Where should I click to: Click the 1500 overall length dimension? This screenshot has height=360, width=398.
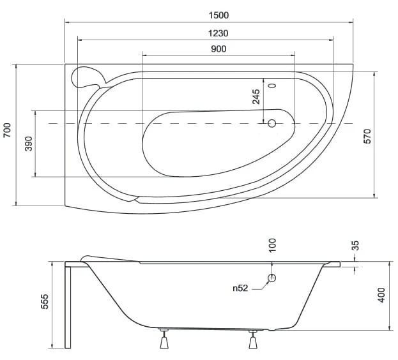click(x=218, y=15)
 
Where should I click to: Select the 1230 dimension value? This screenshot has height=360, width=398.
click(x=218, y=33)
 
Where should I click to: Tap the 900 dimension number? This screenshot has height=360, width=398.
click(x=218, y=49)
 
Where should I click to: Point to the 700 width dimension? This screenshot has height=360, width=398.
click(x=7, y=130)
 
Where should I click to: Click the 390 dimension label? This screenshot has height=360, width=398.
click(x=29, y=144)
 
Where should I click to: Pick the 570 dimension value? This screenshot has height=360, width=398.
click(x=367, y=137)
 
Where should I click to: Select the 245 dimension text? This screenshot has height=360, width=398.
click(x=256, y=96)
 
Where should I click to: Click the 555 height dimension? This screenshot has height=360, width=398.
click(x=45, y=301)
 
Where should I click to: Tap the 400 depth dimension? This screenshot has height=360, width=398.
click(x=381, y=295)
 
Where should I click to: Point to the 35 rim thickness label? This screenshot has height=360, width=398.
click(x=356, y=245)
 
